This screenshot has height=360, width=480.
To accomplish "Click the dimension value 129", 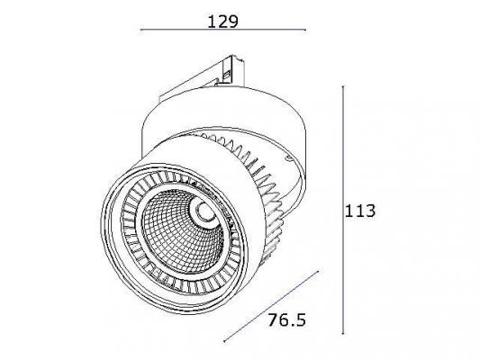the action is point(222,22).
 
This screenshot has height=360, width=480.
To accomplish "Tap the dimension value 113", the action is point(360,211).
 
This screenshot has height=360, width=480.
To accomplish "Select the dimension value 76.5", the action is point(287,319).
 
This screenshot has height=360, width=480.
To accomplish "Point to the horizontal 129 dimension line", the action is point(223,30).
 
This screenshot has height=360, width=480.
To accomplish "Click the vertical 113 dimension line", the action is point(343,210).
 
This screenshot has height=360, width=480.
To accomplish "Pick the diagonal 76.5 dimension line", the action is point(272,306).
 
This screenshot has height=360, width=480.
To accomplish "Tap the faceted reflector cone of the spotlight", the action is point(183,231).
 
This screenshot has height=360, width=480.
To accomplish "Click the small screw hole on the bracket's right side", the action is point(288,158).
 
